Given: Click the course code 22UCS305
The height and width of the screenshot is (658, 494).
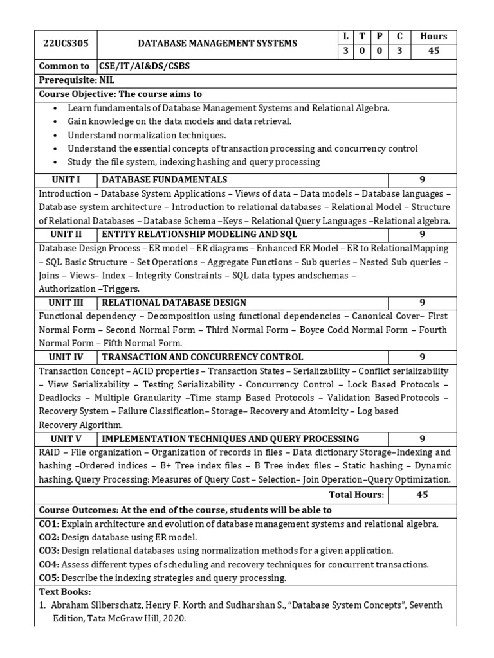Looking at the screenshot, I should tap(66, 43).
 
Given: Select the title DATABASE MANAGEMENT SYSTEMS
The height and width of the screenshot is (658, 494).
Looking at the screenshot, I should tap(218, 43).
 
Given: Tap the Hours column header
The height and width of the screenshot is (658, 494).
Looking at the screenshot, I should tap(433, 36).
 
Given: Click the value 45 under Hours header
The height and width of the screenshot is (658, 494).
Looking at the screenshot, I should tap(433, 51).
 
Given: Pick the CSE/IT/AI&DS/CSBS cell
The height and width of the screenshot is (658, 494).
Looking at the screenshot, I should tap(144, 66).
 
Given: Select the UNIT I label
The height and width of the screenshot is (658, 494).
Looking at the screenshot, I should tap(66, 179).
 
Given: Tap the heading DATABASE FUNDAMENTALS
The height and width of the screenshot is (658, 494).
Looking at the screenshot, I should tap(165, 179).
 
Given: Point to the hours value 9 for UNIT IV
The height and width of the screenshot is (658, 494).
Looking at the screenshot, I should tap(423, 357).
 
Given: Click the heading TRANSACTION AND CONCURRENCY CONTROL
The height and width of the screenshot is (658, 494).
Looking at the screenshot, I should tap(203, 357).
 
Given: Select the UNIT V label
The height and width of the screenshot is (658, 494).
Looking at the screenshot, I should tap(66, 438).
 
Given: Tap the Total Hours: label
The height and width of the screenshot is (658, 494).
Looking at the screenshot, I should tap(356, 495).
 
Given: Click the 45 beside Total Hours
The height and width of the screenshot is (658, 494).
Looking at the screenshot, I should tap(423, 495).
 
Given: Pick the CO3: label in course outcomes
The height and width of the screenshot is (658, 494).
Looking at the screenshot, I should tap(50, 551).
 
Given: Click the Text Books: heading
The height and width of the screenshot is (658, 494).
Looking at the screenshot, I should tap(65, 591).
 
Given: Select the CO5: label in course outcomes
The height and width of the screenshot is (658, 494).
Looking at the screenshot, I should tap(50, 578).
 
